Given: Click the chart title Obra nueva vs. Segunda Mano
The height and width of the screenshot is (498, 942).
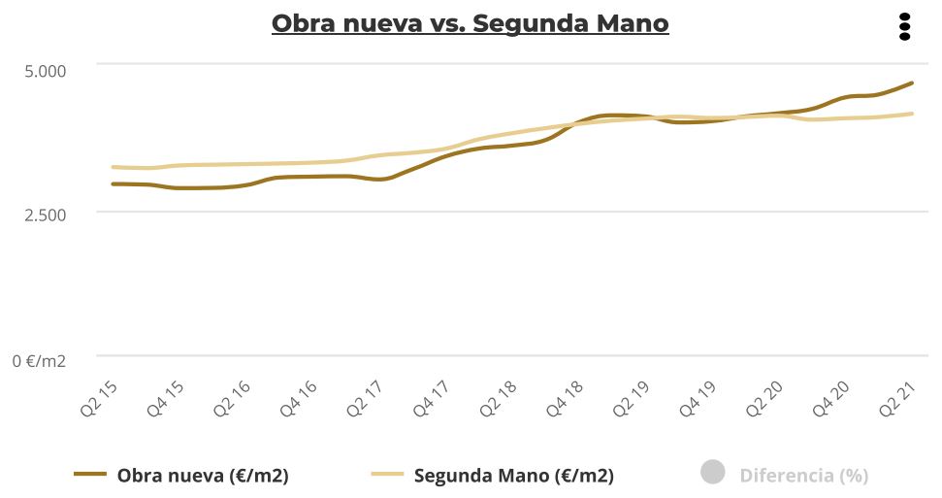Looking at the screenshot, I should (471, 23).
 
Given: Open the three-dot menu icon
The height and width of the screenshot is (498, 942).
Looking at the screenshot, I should (904, 26).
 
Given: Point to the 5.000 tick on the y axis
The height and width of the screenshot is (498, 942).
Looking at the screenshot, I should (46, 71).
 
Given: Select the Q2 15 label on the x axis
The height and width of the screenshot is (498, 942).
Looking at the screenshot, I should (99, 399).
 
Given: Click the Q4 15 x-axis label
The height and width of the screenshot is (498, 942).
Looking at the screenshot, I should (166, 399).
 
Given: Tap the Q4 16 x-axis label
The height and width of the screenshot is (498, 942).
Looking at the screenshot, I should (299, 399).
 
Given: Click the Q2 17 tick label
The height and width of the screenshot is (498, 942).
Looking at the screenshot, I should (366, 399).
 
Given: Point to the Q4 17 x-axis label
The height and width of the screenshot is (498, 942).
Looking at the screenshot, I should (432, 399).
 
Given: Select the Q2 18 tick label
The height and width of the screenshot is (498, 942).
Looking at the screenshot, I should (499, 399).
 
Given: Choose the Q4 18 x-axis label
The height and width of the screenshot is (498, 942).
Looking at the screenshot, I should (565, 399).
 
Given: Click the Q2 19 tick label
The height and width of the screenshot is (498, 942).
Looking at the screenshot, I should (632, 399).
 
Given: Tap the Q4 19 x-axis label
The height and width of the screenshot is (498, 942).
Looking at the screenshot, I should (698, 399).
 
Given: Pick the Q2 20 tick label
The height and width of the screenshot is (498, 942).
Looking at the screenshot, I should (764, 399).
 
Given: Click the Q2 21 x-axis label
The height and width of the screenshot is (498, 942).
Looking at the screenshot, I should (897, 399).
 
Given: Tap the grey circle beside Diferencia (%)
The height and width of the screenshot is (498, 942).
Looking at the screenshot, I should (713, 474).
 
